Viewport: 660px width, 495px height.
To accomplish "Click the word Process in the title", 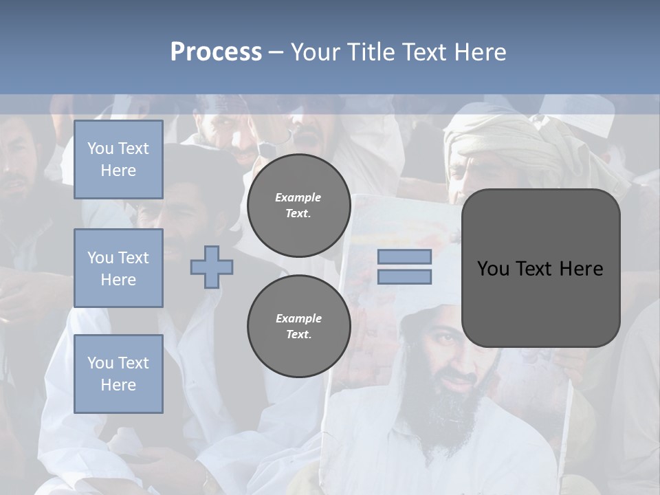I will (216, 52).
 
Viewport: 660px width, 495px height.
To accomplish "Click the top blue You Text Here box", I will (118, 159).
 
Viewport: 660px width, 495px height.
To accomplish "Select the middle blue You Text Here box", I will (118, 268).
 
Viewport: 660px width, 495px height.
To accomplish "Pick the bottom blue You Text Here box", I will (118, 373).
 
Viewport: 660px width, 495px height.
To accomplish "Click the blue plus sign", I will (212, 267).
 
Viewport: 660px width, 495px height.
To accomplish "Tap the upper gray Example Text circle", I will (298, 206).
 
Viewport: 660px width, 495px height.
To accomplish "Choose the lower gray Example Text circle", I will (298, 327).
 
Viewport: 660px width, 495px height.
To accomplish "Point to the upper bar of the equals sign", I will (404, 256).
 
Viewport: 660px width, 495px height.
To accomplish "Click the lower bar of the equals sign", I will (404, 277).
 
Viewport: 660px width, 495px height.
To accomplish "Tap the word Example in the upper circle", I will (298, 197).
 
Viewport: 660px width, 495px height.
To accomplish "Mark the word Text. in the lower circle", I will (298, 335).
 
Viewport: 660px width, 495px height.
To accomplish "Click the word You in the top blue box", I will (100, 148).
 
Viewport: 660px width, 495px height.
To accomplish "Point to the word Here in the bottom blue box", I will (118, 385).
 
